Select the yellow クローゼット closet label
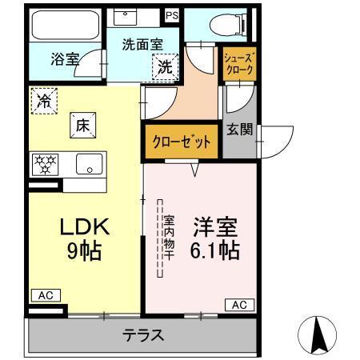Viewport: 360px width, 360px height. tap(182, 142)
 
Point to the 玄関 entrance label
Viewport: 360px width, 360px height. tap(238, 127)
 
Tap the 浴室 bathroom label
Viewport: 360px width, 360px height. tap(63, 58)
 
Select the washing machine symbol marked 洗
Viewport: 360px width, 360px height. tap(164, 68)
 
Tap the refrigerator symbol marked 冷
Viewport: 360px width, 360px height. tap(45, 101)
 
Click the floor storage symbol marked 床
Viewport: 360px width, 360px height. tap(82, 125)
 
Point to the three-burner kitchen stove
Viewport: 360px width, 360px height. tap(45, 165)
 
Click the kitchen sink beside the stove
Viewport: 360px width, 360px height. tap(87, 165)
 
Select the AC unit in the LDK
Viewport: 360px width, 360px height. tap(45, 295)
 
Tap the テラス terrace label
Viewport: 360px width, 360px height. tap(143, 335)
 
